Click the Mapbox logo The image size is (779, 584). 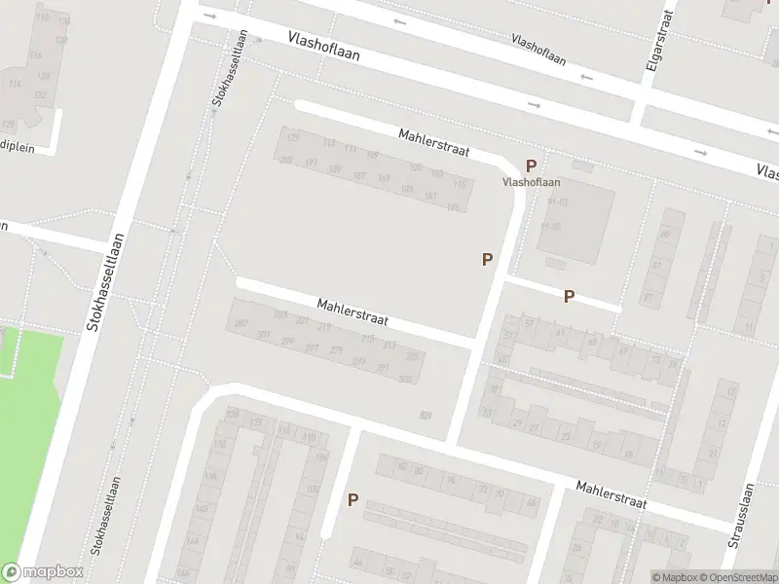(x=42, y=572)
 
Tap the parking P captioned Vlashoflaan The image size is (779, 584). (x=532, y=166)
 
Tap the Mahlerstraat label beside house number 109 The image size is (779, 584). (x=434, y=143)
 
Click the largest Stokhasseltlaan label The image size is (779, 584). (x=107, y=282)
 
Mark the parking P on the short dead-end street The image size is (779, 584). (x=569, y=296)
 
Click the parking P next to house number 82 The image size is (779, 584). (x=352, y=500)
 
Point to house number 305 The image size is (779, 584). (x=406, y=379)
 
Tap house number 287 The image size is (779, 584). (x=241, y=322)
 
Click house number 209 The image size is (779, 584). (x=286, y=162)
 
